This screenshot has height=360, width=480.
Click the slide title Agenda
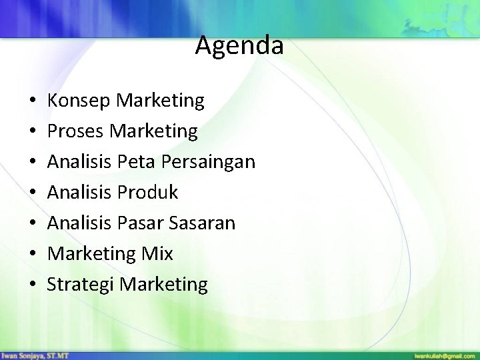[x=239, y=46]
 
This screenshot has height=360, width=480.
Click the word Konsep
[x=79, y=101]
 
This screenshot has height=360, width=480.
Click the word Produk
[x=147, y=193]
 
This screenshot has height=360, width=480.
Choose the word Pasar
[x=139, y=223]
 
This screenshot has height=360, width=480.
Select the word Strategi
[x=83, y=285]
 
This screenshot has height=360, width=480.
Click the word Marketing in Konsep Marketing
[x=160, y=101]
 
